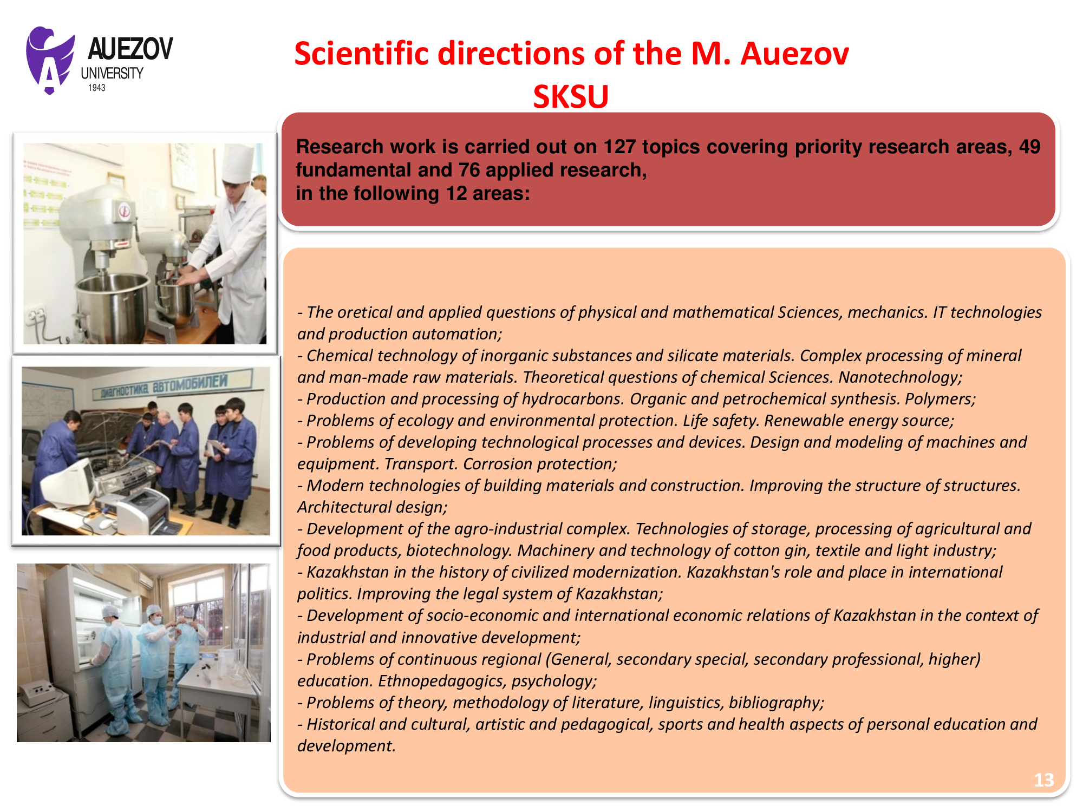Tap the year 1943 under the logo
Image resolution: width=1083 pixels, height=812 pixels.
coord(97,88)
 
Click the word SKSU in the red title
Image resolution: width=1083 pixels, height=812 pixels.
coord(571,97)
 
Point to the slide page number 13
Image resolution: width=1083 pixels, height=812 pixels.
coord(1043,780)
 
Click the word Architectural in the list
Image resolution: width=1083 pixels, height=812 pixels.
coord(344,507)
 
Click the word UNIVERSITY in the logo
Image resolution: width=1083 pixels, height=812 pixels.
coord(112,73)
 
